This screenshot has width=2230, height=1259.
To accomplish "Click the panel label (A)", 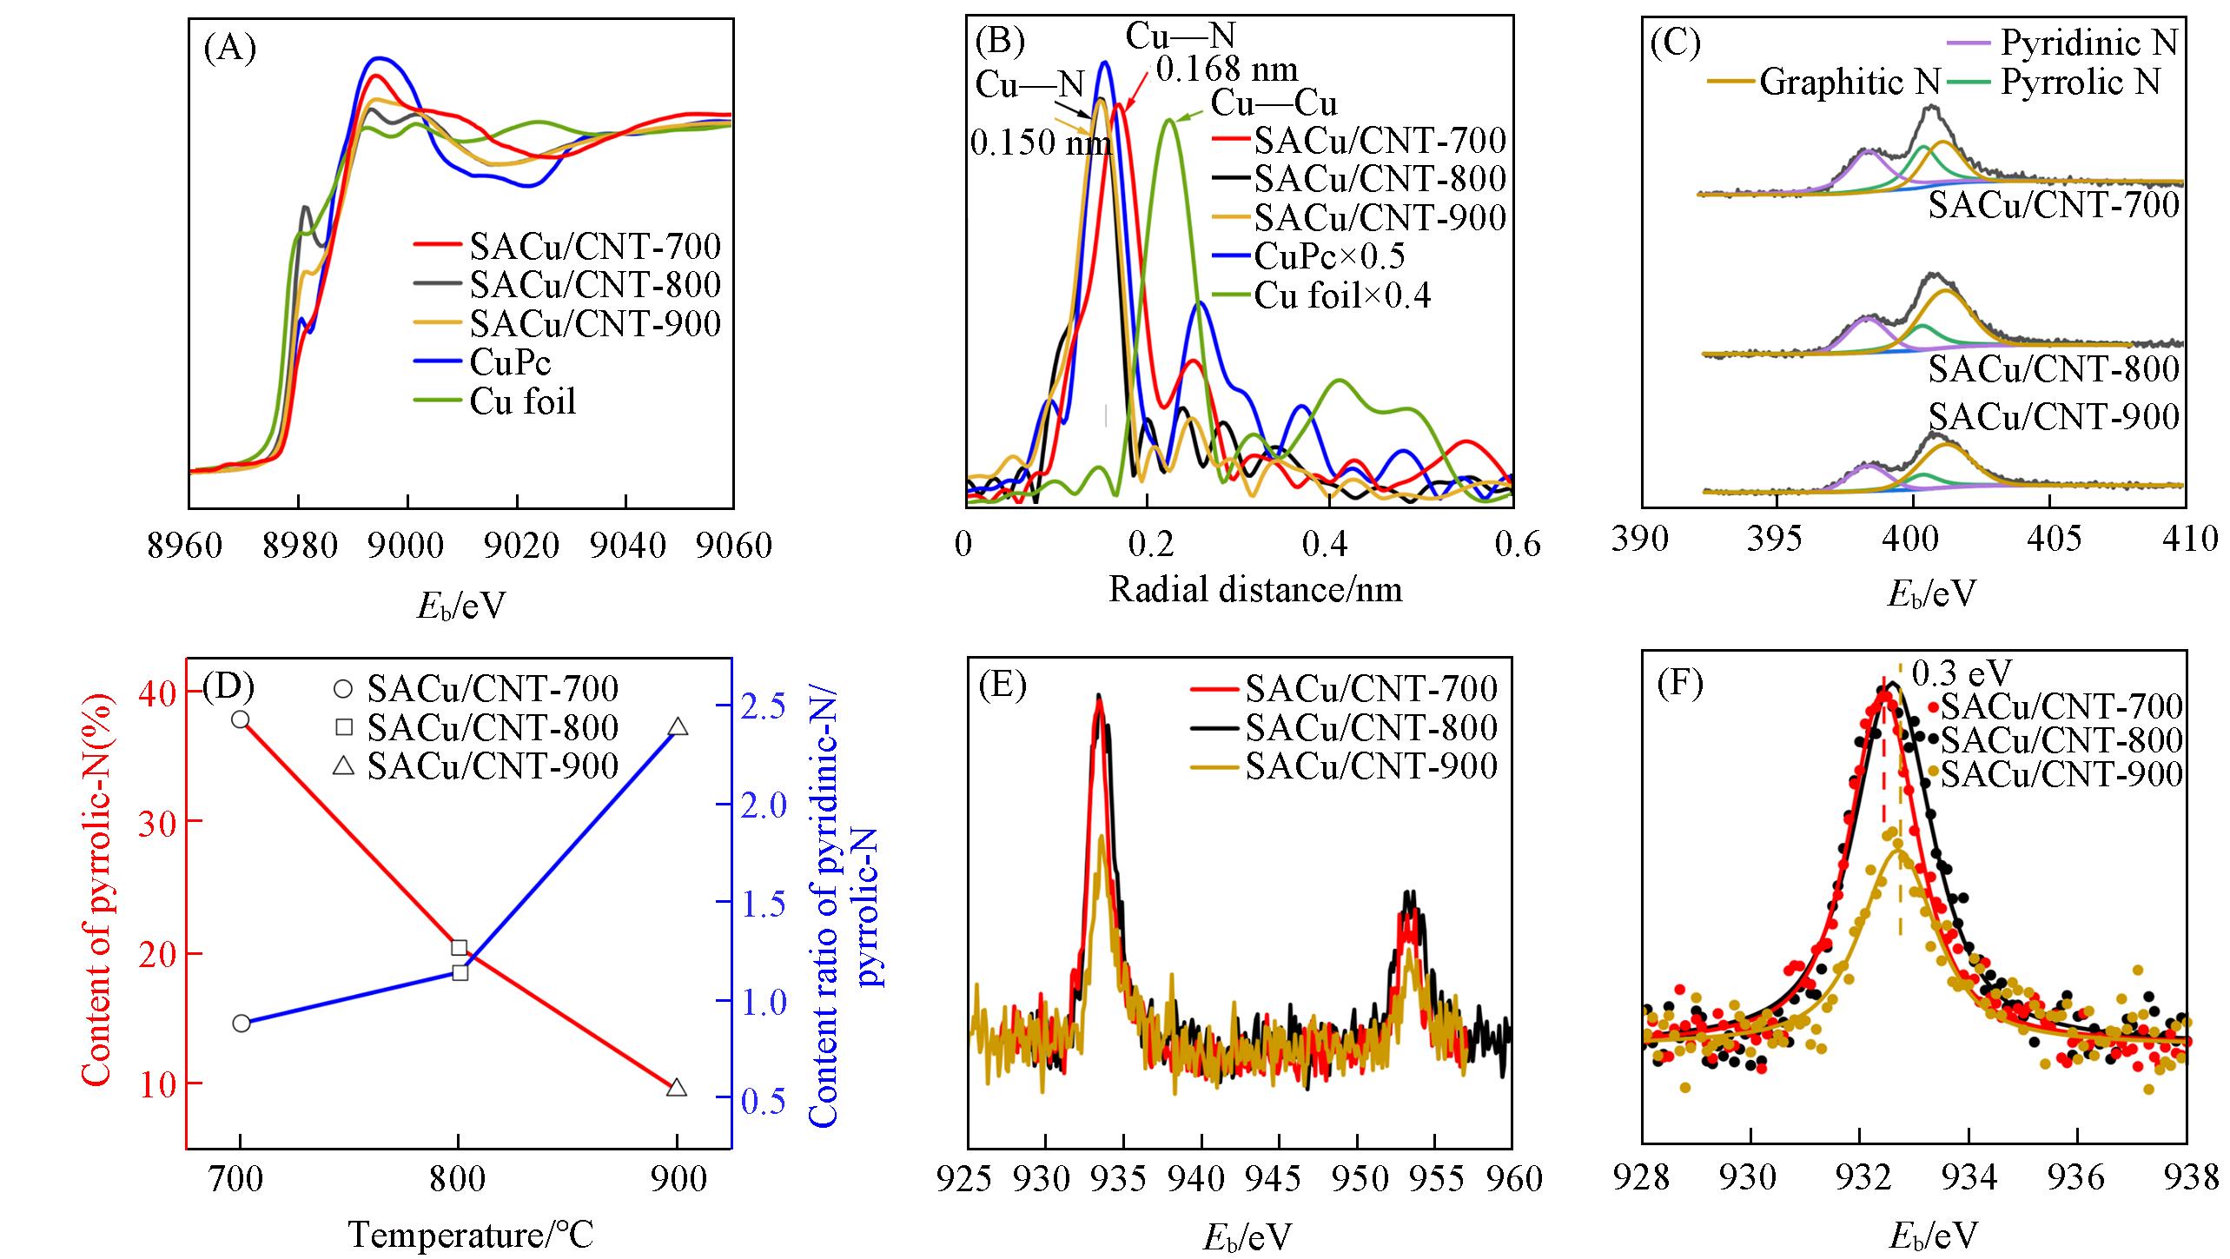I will tap(229, 49).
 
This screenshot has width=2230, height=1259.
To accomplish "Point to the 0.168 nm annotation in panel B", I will tap(1227, 70).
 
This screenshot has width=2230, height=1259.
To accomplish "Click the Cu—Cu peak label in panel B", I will tap(1274, 103).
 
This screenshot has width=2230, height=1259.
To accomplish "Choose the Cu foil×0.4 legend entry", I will tap(1342, 296).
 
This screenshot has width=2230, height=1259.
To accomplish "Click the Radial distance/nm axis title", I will tap(1255, 590).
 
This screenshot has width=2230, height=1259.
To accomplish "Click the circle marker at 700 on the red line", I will tap(241, 719).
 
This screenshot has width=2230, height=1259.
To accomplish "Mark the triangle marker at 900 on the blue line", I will tap(678, 727).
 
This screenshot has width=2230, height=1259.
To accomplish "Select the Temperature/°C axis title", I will tap(471, 1234).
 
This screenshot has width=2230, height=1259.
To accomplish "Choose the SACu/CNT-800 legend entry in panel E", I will tap(1371, 727).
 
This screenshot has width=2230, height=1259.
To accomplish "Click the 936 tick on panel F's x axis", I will tap(2076, 1179).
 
